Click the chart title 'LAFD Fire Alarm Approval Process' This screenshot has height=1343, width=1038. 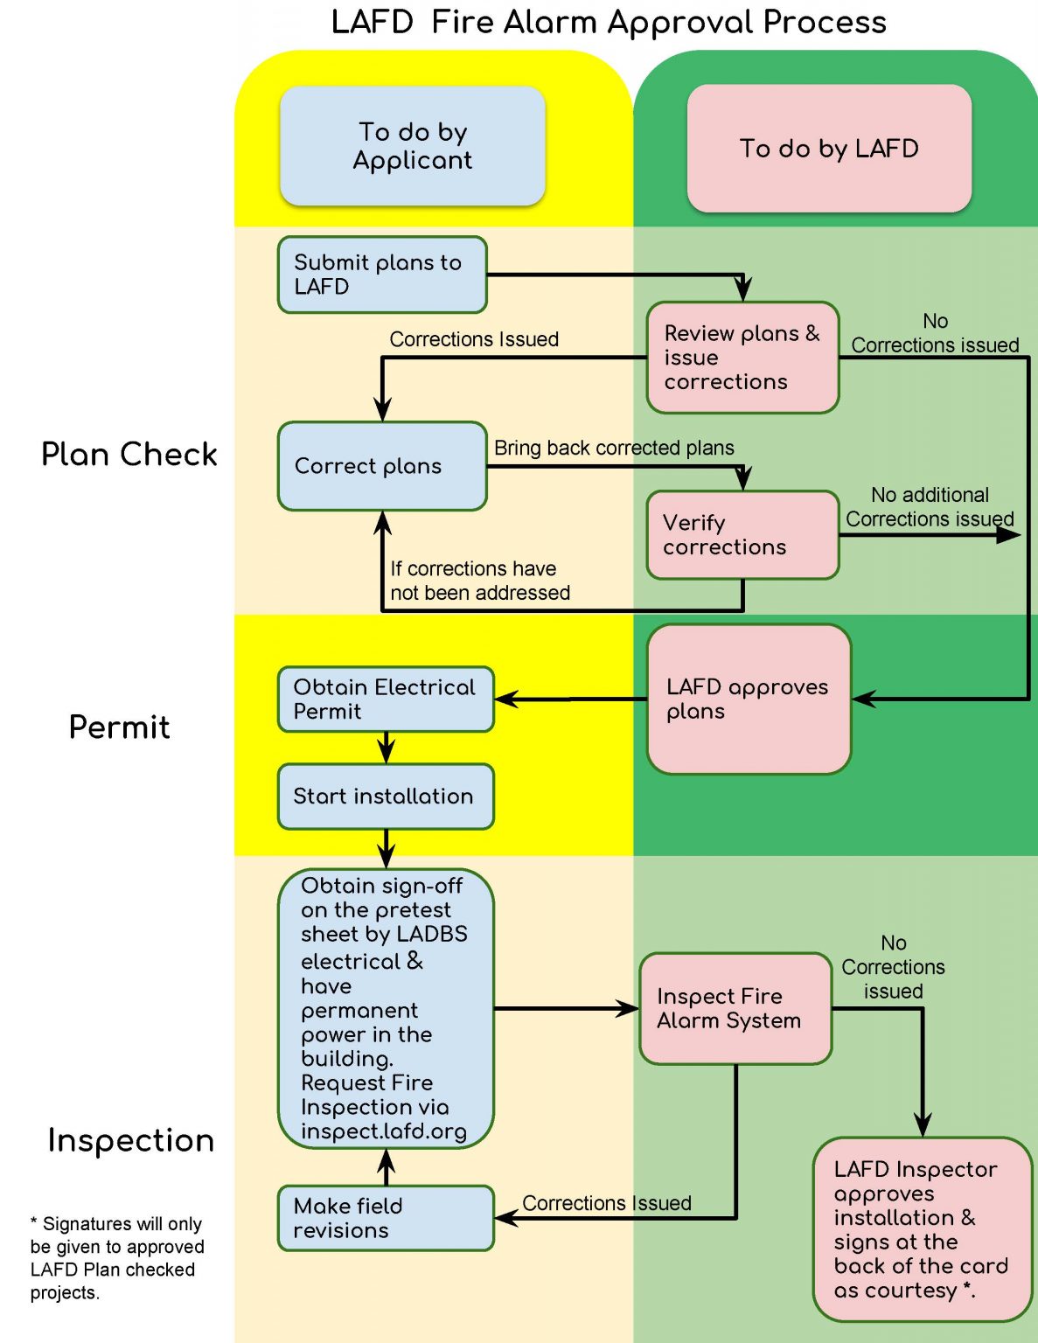(x=609, y=22)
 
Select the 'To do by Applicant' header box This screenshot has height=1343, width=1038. (x=412, y=146)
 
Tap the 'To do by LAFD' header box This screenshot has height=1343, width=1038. (x=829, y=149)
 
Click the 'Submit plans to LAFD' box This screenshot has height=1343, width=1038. (x=382, y=275)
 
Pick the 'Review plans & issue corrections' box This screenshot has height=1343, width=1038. (x=742, y=358)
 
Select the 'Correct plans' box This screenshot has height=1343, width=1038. (x=382, y=466)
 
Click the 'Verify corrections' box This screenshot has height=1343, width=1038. (x=742, y=535)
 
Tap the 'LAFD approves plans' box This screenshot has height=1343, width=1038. (x=749, y=699)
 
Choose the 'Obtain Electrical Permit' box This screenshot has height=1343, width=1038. (x=386, y=699)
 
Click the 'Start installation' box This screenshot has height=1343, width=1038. (x=386, y=797)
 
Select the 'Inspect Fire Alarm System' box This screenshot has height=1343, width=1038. (x=735, y=1009)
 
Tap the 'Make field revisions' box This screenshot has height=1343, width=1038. (x=386, y=1218)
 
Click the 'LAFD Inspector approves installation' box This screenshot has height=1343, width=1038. (x=922, y=1229)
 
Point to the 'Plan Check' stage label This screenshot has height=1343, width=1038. (x=129, y=455)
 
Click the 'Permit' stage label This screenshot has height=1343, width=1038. (x=120, y=727)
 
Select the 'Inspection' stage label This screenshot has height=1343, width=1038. (x=131, y=1141)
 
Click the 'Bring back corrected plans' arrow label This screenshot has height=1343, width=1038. (x=614, y=448)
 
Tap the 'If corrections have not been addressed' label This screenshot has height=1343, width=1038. (x=480, y=581)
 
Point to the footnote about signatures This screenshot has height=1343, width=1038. (x=117, y=1258)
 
